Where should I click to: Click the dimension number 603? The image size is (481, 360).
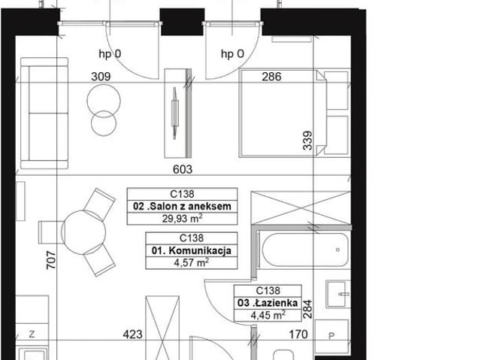click(x=183, y=169)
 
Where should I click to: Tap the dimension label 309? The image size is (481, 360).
click(x=101, y=77)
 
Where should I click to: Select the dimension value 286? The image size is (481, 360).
click(x=271, y=77)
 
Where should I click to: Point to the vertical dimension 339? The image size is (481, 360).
click(x=307, y=141)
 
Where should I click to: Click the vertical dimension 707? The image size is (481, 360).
click(x=51, y=260)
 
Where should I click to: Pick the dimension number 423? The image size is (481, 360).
click(x=132, y=334)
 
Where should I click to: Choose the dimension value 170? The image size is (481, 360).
click(x=298, y=334)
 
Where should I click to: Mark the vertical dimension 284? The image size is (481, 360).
click(x=307, y=309)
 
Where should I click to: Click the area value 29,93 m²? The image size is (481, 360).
click(x=182, y=219)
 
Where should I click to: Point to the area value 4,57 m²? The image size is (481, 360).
click(x=192, y=262)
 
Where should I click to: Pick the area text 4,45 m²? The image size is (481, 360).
click(x=268, y=315)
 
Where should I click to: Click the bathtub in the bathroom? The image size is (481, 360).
click(x=304, y=250)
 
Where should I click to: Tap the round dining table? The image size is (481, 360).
click(x=83, y=232)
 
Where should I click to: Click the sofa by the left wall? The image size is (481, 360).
click(x=44, y=113)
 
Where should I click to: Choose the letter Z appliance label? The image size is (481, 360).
click(x=32, y=334)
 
